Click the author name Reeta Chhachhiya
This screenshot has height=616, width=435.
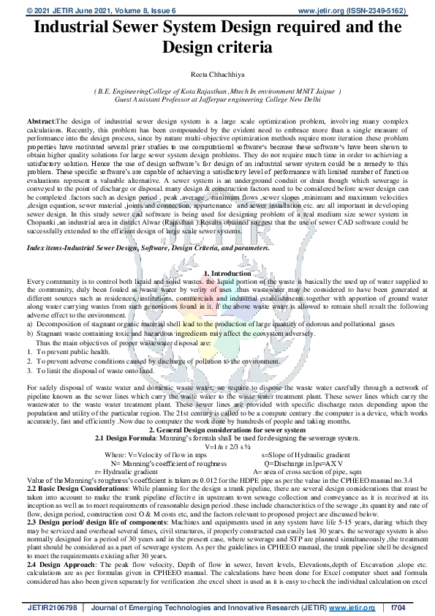218,75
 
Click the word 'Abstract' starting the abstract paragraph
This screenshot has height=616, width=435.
40,119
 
